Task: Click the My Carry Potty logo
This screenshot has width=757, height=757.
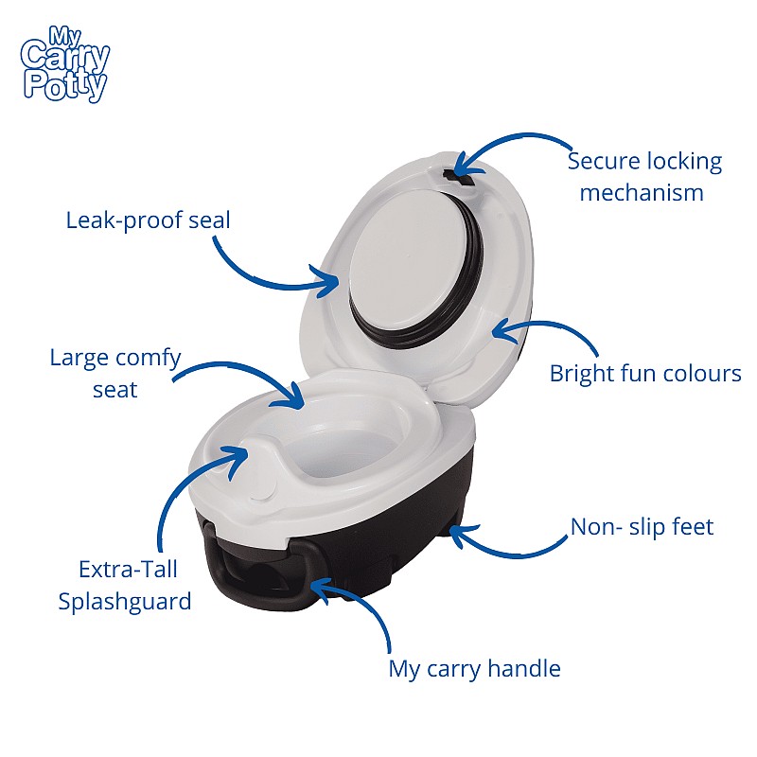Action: [65, 64]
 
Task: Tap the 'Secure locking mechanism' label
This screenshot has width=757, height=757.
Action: [644, 177]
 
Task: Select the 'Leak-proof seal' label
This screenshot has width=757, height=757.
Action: [148, 220]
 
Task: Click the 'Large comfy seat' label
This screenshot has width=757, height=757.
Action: [115, 374]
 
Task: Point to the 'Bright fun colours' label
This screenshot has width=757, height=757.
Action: [645, 374]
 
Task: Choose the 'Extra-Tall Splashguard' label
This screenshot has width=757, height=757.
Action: [125, 586]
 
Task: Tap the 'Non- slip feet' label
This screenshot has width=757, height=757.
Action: [642, 527]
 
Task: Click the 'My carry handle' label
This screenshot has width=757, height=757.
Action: [474, 669]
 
